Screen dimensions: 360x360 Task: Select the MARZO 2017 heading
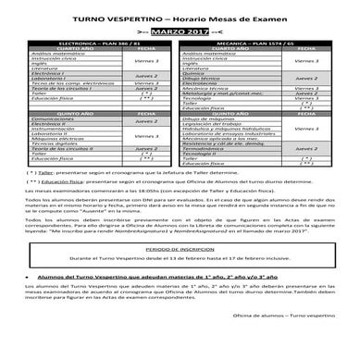(x=179, y=33)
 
